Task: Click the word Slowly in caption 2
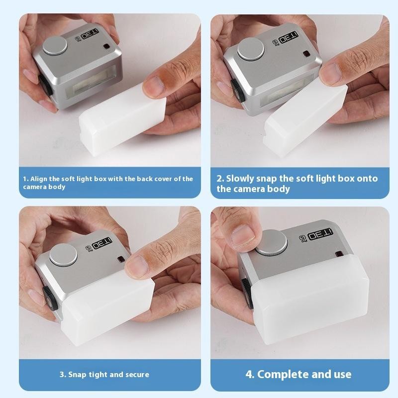pyautogui.click(x=241, y=178)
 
